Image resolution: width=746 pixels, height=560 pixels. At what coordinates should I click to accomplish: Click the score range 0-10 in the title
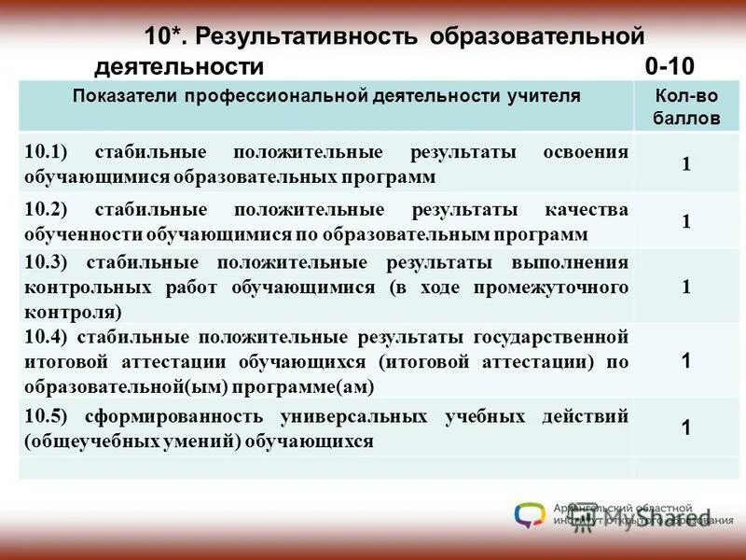[669, 66]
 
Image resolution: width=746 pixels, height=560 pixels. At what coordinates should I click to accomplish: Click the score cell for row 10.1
[685, 164]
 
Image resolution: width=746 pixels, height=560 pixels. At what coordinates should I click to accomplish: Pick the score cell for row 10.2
[685, 221]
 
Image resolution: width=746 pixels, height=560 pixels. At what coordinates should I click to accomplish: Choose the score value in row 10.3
[685, 287]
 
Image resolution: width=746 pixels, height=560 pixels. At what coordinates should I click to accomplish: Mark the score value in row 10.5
[685, 427]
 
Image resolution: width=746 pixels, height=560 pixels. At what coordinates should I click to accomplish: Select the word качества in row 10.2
[591, 209]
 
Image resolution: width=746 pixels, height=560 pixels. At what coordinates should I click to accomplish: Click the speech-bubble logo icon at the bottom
[529, 514]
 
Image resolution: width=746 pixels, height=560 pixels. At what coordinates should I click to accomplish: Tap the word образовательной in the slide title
[538, 36]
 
